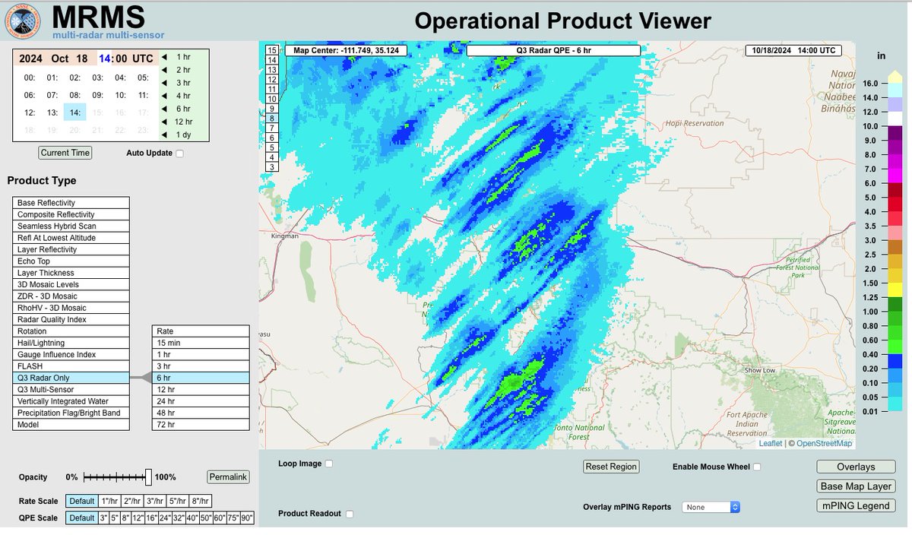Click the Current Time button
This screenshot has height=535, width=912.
click(65, 153)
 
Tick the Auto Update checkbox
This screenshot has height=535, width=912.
click(180, 154)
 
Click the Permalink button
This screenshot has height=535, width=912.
click(228, 477)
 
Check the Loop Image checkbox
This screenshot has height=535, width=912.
click(329, 464)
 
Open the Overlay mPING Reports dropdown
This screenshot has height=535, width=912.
click(711, 507)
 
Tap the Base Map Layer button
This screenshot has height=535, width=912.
click(856, 486)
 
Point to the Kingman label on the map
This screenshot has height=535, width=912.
click(285, 237)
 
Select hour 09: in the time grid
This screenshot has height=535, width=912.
click(98, 96)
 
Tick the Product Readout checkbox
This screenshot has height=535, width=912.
click(350, 514)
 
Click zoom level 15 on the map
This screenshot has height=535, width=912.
click(272, 50)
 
